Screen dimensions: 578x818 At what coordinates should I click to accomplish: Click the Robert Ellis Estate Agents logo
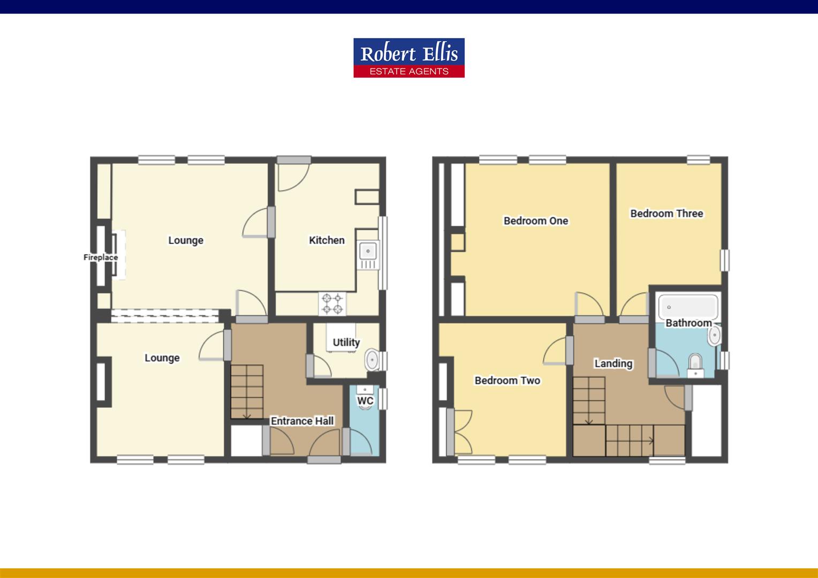point(408,58)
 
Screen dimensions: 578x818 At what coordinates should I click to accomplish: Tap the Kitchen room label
point(327,240)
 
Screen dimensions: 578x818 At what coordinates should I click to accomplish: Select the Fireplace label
point(101,257)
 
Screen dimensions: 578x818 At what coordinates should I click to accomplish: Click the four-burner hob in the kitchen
point(332,303)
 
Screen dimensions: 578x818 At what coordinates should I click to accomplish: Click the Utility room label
point(346,343)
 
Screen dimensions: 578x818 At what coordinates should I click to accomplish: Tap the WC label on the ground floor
point(365,401)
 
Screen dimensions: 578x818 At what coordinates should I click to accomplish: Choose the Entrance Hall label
point(302,421)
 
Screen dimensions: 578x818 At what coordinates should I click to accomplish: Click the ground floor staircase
point(247,392)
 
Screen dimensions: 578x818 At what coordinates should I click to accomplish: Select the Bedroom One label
point(535,220)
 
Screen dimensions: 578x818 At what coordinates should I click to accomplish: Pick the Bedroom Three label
point(666,214)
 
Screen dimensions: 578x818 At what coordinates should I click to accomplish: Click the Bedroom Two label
point(507,381)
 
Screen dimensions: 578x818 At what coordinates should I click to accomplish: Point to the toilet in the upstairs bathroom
point(695,363)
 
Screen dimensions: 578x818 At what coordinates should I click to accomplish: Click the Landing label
point(613,364)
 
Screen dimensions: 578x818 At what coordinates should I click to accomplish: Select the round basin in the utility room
point(371,360)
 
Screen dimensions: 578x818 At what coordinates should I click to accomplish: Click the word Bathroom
point(688,323)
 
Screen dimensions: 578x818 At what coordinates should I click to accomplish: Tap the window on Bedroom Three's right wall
point(724,260)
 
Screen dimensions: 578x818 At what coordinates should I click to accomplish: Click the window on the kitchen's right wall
point(382,253)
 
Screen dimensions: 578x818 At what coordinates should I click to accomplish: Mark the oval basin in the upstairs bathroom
point(714,337)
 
